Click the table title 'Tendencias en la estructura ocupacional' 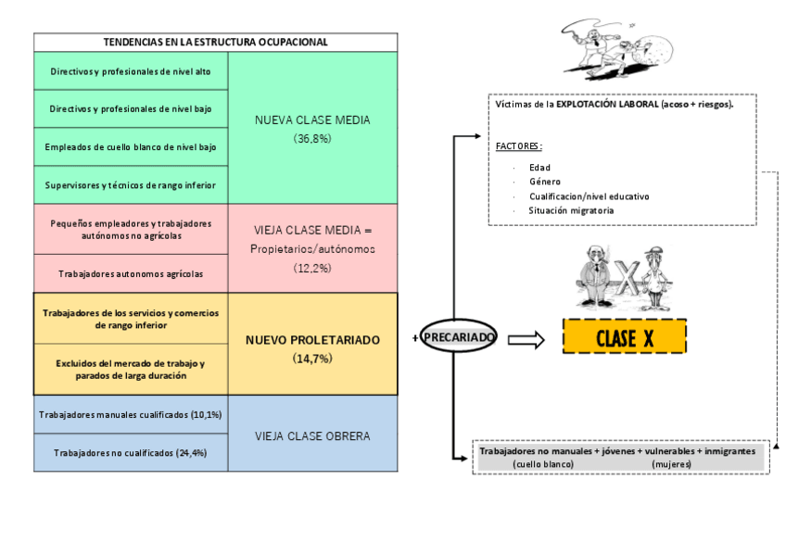tap(215, 42)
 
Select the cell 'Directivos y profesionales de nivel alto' tap(131, 70)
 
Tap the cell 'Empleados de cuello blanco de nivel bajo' tap(131, 146)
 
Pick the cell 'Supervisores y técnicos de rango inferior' tap(131, 184)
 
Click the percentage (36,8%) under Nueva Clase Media tap(312, 138)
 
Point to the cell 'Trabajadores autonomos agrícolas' tap(131, 273)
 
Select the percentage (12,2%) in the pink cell tap(312, 268)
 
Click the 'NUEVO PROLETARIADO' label tap(312, 340)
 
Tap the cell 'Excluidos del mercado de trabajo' tap(131, 369)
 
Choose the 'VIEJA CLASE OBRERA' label tap(312, 435)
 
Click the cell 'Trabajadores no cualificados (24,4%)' tap(131, 453)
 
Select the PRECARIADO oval tap(460, 337)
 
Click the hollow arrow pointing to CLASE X tap(526, 340)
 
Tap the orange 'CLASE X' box tap(624, 336)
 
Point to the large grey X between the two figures tap(628, 278)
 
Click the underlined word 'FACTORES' tap(518, 146)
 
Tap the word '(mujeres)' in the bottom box tap(671, 463)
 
